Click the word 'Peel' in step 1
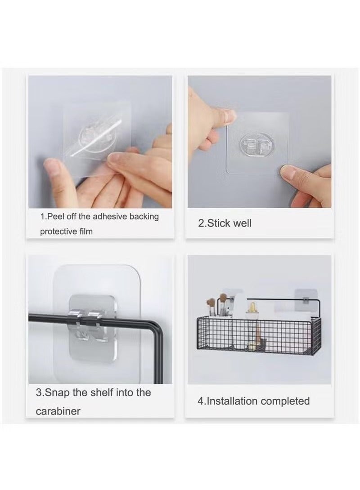(55, 217)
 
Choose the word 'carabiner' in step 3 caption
(58, 411)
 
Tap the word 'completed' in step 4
(285, 401)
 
